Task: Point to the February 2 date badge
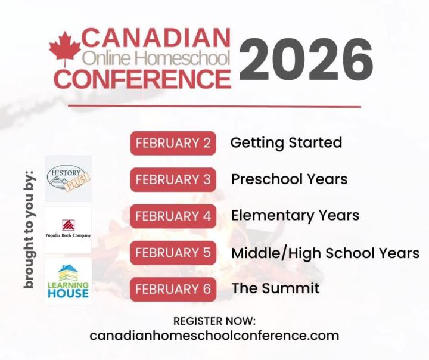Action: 173,143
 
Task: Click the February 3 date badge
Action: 173,179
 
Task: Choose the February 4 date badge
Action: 173,216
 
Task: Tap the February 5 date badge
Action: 173,252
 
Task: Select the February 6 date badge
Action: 173,289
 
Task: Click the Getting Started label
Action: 286,143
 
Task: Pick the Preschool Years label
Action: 289,179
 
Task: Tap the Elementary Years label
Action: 295,216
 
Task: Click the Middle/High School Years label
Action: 325,253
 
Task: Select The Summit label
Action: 275,289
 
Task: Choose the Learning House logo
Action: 69,281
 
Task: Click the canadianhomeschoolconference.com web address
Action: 214,336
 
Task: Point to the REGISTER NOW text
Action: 214,321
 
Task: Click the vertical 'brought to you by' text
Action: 29,229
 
